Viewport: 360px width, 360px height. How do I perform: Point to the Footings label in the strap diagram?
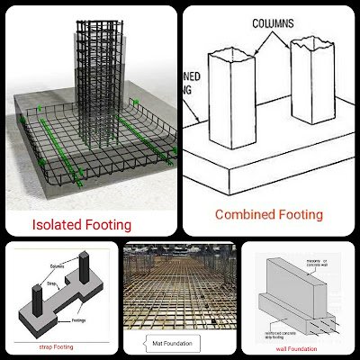(x=78, y=307)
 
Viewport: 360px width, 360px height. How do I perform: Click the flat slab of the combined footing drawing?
(x=270, y=175)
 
